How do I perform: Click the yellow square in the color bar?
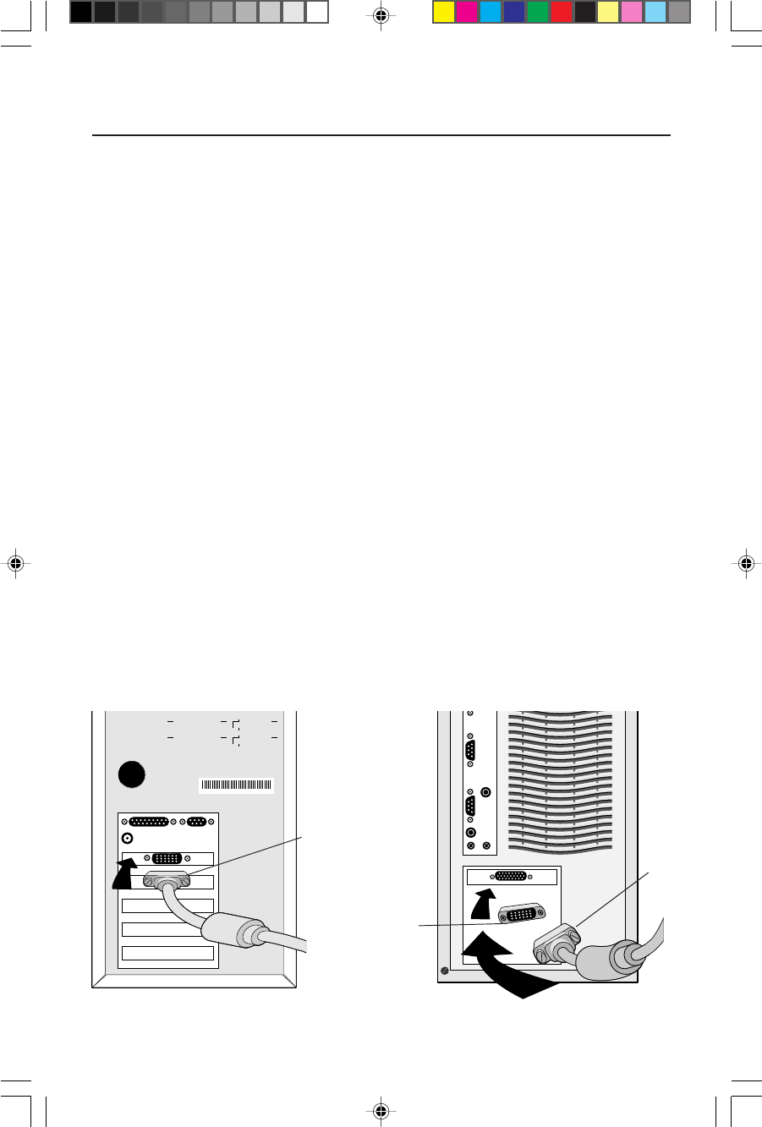(x=444, y=12)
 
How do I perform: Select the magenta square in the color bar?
(x=467, y=12)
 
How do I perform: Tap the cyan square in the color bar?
(x=491, y=12)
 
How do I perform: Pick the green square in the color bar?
(x=537, y=12)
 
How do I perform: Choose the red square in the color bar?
(x=561, y=12)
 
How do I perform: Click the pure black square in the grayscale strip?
(x=81, y=12)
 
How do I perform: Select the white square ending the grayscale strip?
(x=317, y=12)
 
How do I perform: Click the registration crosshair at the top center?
(x=381, y=15)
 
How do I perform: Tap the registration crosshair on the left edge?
(x=15, y=562)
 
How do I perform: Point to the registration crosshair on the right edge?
(x=746, y=562)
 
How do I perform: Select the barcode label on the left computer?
(x=237, y=785)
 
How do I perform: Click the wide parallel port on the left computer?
(x=150, y=821)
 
